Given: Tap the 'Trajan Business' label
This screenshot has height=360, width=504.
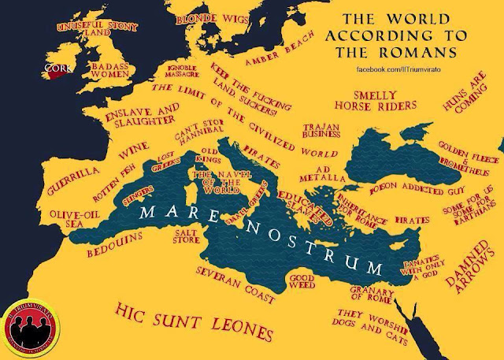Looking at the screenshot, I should pos(321,132).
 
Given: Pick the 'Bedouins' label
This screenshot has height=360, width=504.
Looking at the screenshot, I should pos(118,236).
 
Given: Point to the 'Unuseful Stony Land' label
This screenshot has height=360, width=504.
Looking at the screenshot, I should pos(82,29).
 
